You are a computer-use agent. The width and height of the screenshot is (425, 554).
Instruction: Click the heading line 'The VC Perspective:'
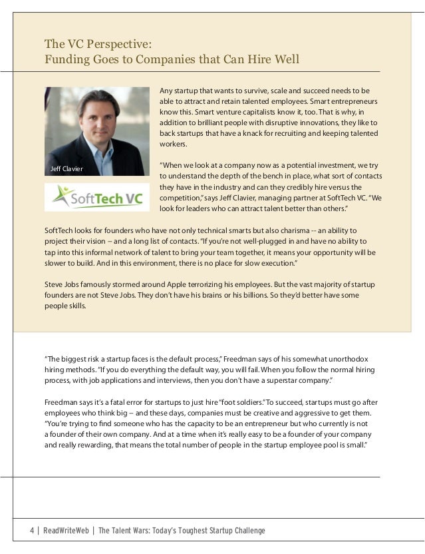98,45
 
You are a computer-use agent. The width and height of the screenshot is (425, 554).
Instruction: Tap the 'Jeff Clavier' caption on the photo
67,169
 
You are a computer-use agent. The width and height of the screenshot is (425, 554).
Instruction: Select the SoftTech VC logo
98,198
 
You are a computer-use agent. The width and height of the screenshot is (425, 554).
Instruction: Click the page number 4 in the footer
31,531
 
